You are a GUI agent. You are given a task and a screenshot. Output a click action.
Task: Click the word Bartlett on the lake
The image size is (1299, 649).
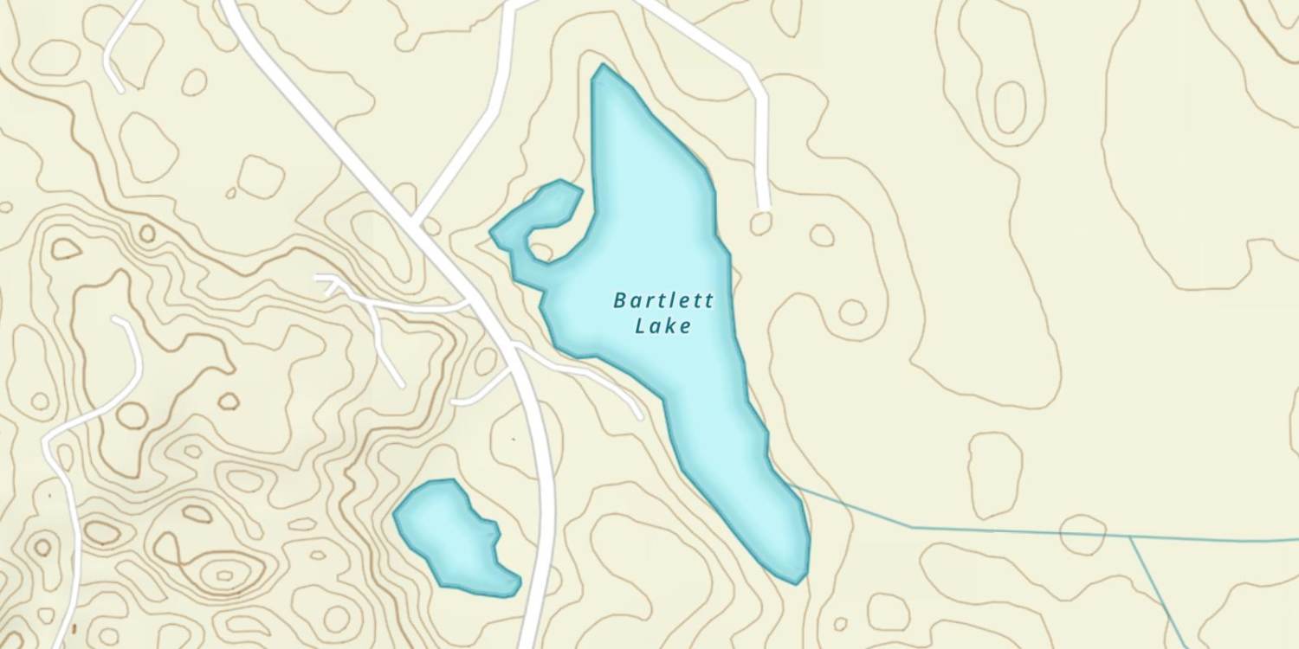pos(663,301)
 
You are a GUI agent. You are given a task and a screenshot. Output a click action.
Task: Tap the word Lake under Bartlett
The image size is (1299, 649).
pos(663,326)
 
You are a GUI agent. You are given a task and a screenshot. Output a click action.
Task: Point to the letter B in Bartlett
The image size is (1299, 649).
pos(620,301)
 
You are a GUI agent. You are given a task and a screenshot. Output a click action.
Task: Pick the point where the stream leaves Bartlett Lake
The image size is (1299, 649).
pos(792,487)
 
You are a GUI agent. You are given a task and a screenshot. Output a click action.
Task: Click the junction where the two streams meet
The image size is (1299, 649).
pos(1131,537)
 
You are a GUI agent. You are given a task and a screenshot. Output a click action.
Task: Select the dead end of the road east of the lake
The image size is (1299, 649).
pos(763,208)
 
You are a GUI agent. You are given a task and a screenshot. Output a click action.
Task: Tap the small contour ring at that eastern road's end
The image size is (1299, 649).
pos(761,224)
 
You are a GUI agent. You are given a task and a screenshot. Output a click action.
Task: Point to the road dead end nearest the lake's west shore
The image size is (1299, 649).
pos(639,416)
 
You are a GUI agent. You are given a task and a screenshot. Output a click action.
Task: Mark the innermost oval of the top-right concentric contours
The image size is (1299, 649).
pos(1010,107)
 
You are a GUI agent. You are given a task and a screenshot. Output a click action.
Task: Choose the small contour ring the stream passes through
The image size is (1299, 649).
pos(1082,533)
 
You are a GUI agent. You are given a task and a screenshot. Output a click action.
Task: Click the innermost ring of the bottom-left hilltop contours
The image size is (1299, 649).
pos(224,575)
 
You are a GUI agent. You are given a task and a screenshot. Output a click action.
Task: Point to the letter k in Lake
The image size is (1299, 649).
pos(674,326)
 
